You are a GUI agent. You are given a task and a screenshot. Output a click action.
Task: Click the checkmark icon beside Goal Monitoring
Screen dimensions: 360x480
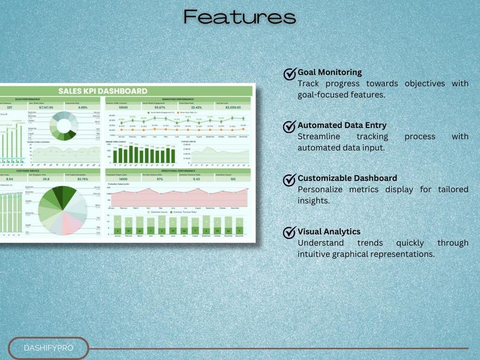[290, 74]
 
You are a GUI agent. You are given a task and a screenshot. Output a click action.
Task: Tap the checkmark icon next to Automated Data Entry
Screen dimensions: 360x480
[290, 126]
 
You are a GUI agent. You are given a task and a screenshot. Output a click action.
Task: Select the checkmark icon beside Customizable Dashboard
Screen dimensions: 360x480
[290, 179]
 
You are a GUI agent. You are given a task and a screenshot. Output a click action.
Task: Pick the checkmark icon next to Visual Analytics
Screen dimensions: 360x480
[290, 233]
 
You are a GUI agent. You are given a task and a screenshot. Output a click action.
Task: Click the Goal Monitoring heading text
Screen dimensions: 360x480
[329, 72]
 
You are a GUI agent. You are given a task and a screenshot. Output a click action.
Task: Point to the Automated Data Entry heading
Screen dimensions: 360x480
[342, 125]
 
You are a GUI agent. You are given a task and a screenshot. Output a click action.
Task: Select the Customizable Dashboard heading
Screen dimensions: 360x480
[347, 178]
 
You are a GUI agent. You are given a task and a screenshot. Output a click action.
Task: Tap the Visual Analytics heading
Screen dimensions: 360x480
[329, 231]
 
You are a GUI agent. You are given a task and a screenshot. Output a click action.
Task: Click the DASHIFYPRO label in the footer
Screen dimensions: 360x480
[48, 349]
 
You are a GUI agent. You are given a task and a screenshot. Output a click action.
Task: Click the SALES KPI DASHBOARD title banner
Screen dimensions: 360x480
[103, 91]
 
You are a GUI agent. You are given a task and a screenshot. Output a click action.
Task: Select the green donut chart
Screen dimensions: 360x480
[63, 126]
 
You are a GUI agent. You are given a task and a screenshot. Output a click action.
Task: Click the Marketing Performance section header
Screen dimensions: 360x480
[178, 98]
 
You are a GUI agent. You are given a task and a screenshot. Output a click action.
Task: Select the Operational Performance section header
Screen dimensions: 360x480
[178, 171]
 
